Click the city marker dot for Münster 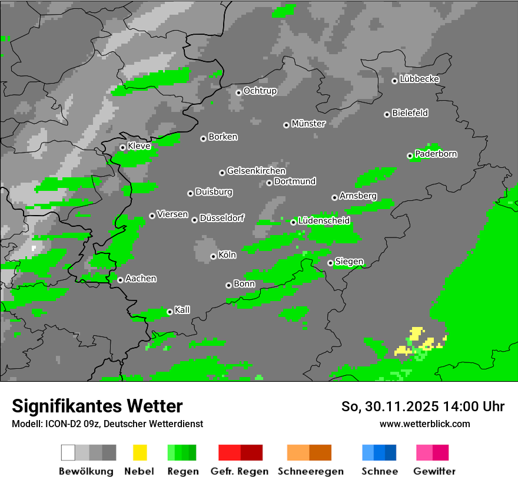(286, 125)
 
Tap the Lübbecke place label (420, 79)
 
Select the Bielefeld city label (410, 113)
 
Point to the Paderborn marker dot (410, 156)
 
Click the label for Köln (227, 255)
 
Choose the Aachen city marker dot (120, 280)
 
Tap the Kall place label (182, 310)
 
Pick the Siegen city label (349, 262)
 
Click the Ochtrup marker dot (238, 92)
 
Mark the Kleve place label (139, 146)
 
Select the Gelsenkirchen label (256, 171)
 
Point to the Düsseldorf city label (222, 218)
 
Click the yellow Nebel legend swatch (140, 452)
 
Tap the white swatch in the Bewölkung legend (68, 452)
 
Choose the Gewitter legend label (434, 471)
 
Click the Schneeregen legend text (311, 471)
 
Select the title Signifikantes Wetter (97, 406)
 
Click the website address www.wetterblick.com (425, 424)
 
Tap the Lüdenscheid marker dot (293, 222)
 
